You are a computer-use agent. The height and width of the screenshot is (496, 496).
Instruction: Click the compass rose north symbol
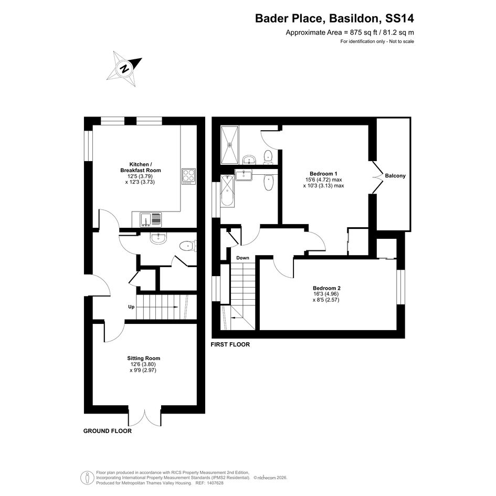click(124, 69)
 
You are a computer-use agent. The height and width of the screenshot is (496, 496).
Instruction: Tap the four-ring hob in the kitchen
click(189, 176)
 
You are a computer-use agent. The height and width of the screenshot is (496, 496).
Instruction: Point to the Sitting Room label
click(144, 358)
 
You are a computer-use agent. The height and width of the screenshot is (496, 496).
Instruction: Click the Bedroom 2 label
click(326, 288)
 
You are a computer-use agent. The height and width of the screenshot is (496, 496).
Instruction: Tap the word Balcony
click(395, 175)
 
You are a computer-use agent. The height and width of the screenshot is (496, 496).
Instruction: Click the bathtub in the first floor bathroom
click(227, 191)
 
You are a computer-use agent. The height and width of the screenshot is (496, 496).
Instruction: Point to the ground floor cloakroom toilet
click(188, 246)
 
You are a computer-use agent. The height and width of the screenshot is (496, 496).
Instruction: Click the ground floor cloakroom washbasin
click(158, 238)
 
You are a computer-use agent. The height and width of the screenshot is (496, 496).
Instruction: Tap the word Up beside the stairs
click(131, 307)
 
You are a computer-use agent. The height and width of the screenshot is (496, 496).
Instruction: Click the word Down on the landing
click(242, 258)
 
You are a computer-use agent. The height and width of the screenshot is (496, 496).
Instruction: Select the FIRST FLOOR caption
click(230, 344)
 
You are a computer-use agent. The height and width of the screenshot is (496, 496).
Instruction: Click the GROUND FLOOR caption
click(108, 431)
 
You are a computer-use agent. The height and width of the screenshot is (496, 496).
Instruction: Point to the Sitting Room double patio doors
click(145, 417)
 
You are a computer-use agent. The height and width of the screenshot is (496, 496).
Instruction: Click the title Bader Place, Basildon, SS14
click(334, 18)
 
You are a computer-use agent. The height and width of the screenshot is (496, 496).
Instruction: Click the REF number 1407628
click(215, 483)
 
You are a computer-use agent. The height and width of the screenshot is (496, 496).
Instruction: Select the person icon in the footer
click(87, 478)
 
